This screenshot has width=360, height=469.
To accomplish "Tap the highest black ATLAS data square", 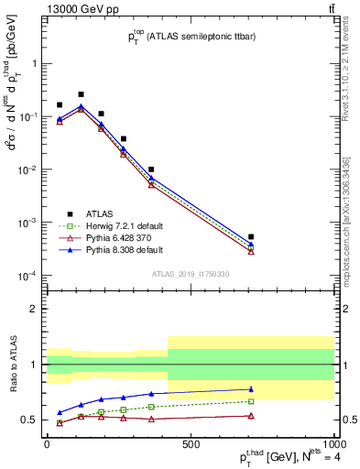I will (x=81, y=94).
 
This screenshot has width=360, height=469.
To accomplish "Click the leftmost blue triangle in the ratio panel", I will (x=60, y=413).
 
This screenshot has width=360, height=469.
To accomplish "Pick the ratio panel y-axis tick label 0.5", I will (x=30, y=420).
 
